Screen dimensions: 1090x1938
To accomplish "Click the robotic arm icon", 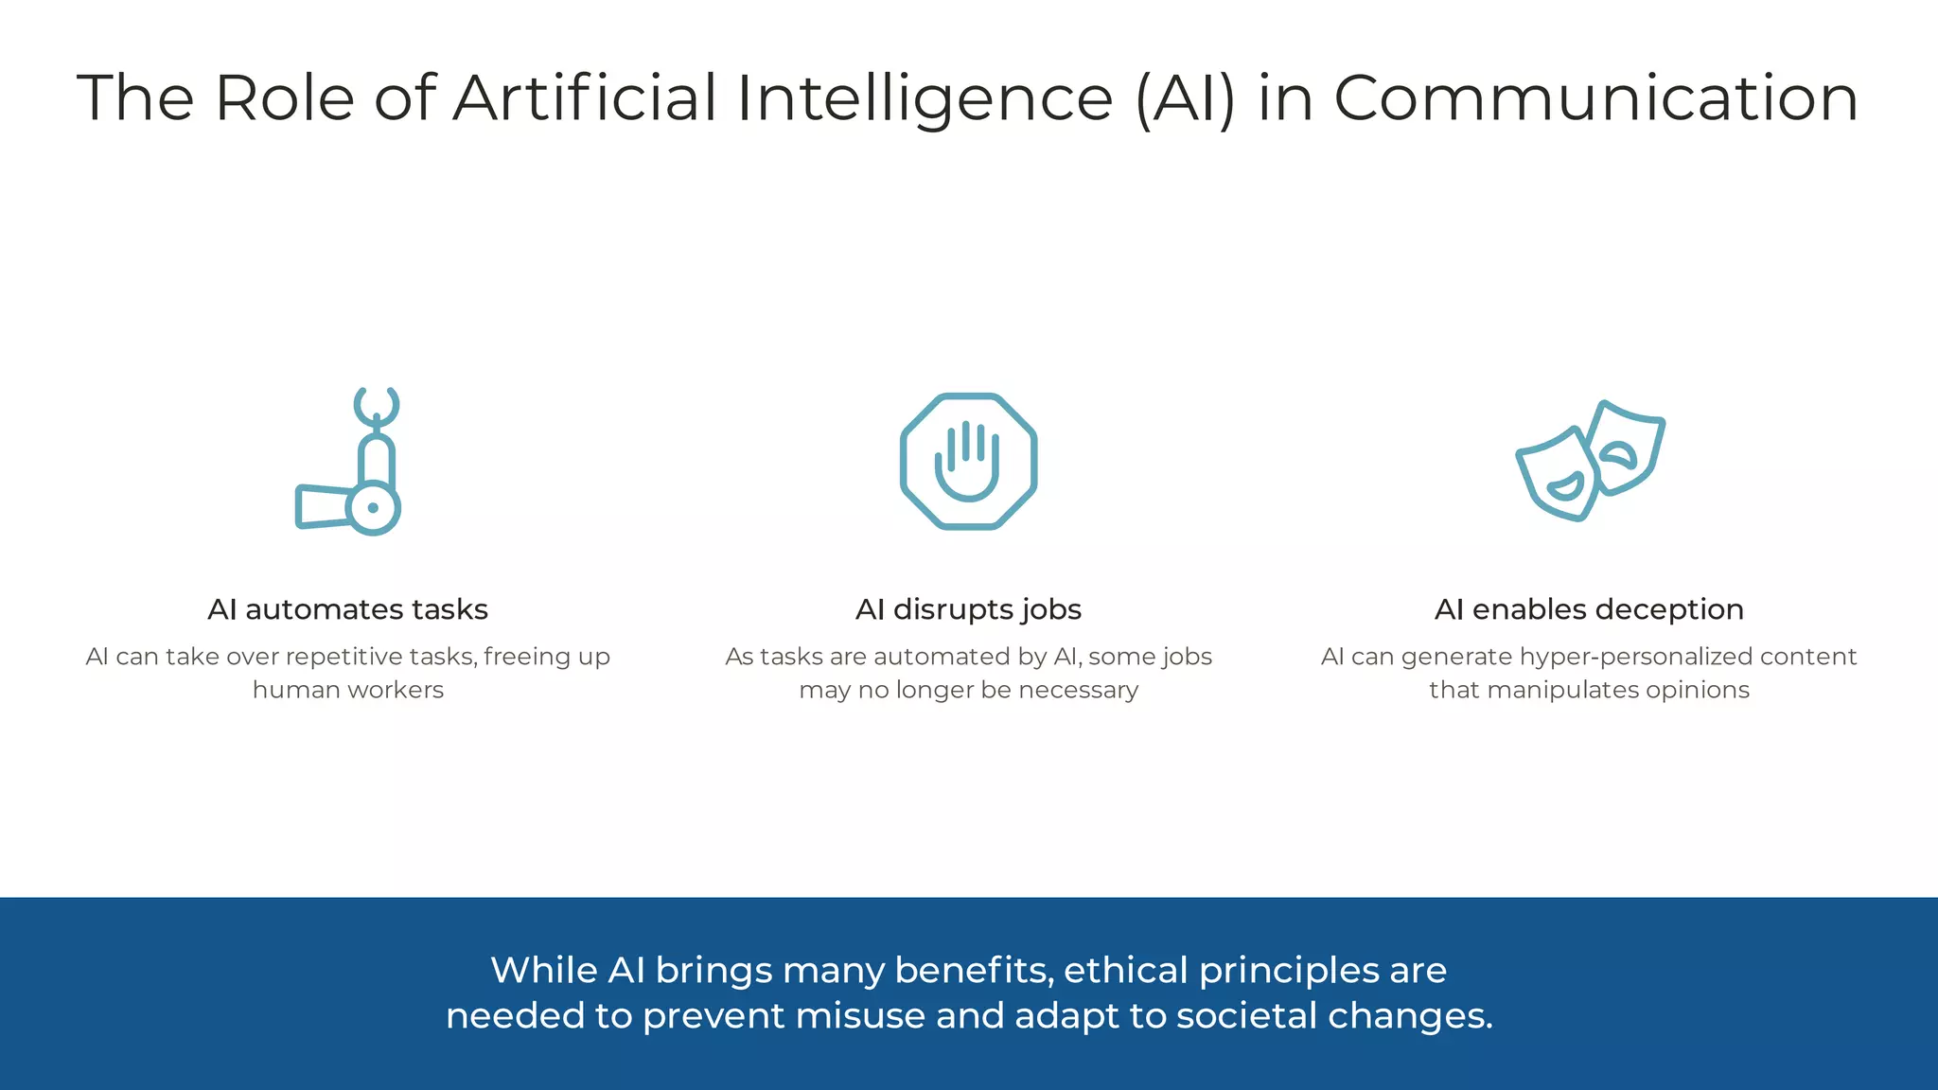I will [x=349, y=462].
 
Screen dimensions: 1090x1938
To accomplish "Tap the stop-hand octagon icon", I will [x=968, y=461].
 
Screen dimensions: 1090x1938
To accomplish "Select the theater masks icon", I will [x=1590, y=461].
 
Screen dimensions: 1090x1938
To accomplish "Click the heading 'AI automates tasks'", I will [x=347, y=609].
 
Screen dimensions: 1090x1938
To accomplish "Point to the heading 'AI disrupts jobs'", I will [x=968, y=609].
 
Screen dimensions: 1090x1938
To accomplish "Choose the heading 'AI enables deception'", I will [x=1589, y=609].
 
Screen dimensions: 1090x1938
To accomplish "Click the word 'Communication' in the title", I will [x=1595, y=97].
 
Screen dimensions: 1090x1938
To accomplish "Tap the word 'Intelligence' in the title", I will [x=925, y=99].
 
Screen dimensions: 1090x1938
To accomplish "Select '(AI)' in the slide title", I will [x=1185, y=99].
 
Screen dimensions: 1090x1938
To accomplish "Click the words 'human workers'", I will [x=347, y=690].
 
